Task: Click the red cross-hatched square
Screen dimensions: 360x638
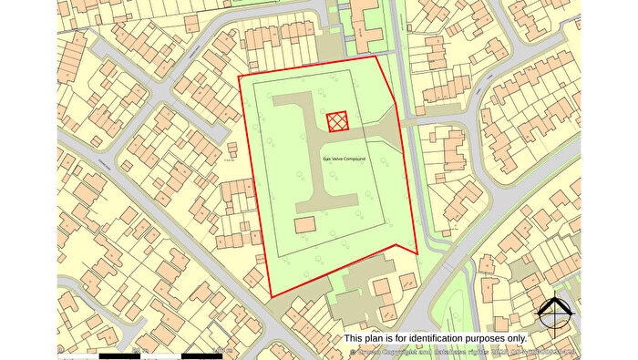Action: click(x=337, y=120)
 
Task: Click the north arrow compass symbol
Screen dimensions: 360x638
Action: click(x=555, y=314)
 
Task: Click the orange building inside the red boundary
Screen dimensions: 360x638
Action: click(x=304, y=224)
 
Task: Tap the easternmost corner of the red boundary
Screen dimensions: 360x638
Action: click(x=417, y=252)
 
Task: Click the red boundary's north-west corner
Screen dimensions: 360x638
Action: click(x=239, y=76)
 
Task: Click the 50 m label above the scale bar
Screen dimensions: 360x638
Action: click(x=141, y=348)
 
